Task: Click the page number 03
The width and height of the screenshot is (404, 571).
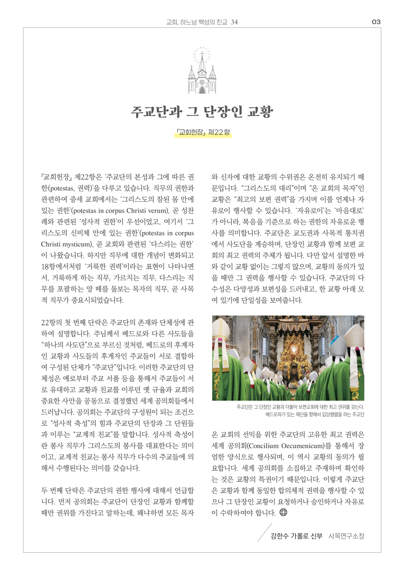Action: point(376,22)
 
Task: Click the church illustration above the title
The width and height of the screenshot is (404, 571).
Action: point(202,71)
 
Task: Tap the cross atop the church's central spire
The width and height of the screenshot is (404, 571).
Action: point(202,53)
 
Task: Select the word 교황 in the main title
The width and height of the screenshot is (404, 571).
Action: point(260,111)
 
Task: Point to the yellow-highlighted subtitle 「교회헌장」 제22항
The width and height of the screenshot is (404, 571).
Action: point(203,133)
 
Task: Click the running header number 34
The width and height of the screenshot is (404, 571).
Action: point(234,22)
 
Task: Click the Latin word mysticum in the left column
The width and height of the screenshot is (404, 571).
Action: point(78,244)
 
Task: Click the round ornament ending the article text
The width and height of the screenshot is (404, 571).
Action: point(283,512)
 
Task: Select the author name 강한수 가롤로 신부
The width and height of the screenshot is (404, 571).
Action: point(296,536)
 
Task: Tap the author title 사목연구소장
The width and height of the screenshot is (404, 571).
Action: point(346,536)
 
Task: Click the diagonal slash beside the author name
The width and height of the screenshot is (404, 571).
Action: point(264,533)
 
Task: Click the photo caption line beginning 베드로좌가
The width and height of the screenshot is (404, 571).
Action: point(315,414)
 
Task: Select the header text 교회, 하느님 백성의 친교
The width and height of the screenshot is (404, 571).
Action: point(197,22)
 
